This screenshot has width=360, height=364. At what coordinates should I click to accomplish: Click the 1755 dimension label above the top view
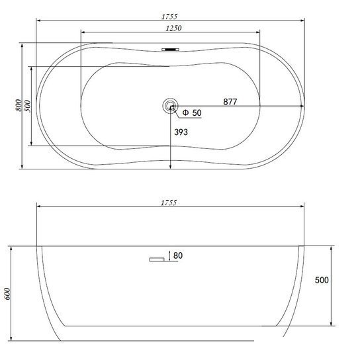click(x=169, y=17)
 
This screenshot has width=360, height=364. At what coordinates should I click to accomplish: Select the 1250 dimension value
click(x=173, y=28)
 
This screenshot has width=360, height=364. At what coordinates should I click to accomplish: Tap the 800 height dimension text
click(x=19, y=105)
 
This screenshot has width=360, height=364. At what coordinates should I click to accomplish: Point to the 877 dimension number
click(x=230, y=102)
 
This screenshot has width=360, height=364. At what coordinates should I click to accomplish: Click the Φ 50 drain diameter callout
click(x=192, y=113)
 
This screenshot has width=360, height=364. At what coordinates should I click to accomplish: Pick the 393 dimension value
click(x=181, y=132)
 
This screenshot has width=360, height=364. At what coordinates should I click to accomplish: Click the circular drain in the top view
click(x=170, y=106)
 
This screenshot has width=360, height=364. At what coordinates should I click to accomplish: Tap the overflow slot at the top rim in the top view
click(x=171, y=50)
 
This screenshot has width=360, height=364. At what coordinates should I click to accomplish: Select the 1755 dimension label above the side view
click(x=169, y=203)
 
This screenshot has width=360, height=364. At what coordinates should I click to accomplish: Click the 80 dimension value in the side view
click(x=178, y=255)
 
